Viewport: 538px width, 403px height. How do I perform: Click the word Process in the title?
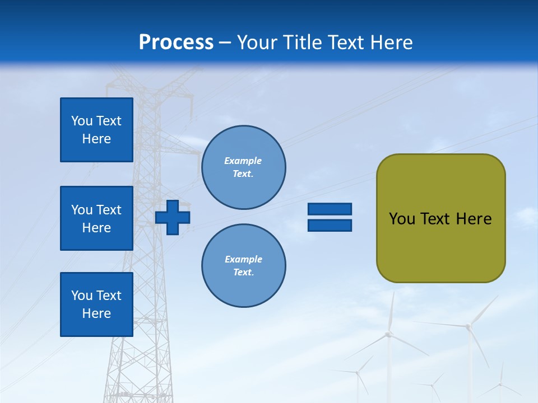[x=176, y=43]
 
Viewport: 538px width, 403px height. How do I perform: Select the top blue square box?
[x=96, y=130]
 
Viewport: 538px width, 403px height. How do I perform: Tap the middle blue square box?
[x=96, y=218]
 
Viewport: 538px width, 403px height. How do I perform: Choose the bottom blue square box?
[x=96, y=304]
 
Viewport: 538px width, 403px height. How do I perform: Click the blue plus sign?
[x=173, y=217]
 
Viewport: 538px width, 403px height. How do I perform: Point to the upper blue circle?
[x=243, y=167]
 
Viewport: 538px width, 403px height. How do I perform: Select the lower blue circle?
[x=243, y=266]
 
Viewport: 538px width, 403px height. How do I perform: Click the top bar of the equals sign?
[x=330, y=209]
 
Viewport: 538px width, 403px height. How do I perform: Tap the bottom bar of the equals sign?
[x=330, y=225]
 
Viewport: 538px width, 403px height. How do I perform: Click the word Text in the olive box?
[x=435, y=219]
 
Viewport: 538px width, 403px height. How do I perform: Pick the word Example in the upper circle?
[x=243, y=161]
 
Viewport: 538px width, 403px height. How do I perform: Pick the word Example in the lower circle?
[x=243, y=259]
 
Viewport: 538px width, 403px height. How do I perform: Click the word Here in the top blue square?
[x=96, y=139]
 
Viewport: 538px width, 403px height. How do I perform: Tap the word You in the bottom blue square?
[x=82, y=296]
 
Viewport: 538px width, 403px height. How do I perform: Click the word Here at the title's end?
[x=392, y=43]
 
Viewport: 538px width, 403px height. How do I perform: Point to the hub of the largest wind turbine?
[x=387, y=334]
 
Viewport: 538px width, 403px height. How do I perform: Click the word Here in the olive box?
[x=474, y=219]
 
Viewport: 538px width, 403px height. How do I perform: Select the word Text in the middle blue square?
[x=109, y=210]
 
